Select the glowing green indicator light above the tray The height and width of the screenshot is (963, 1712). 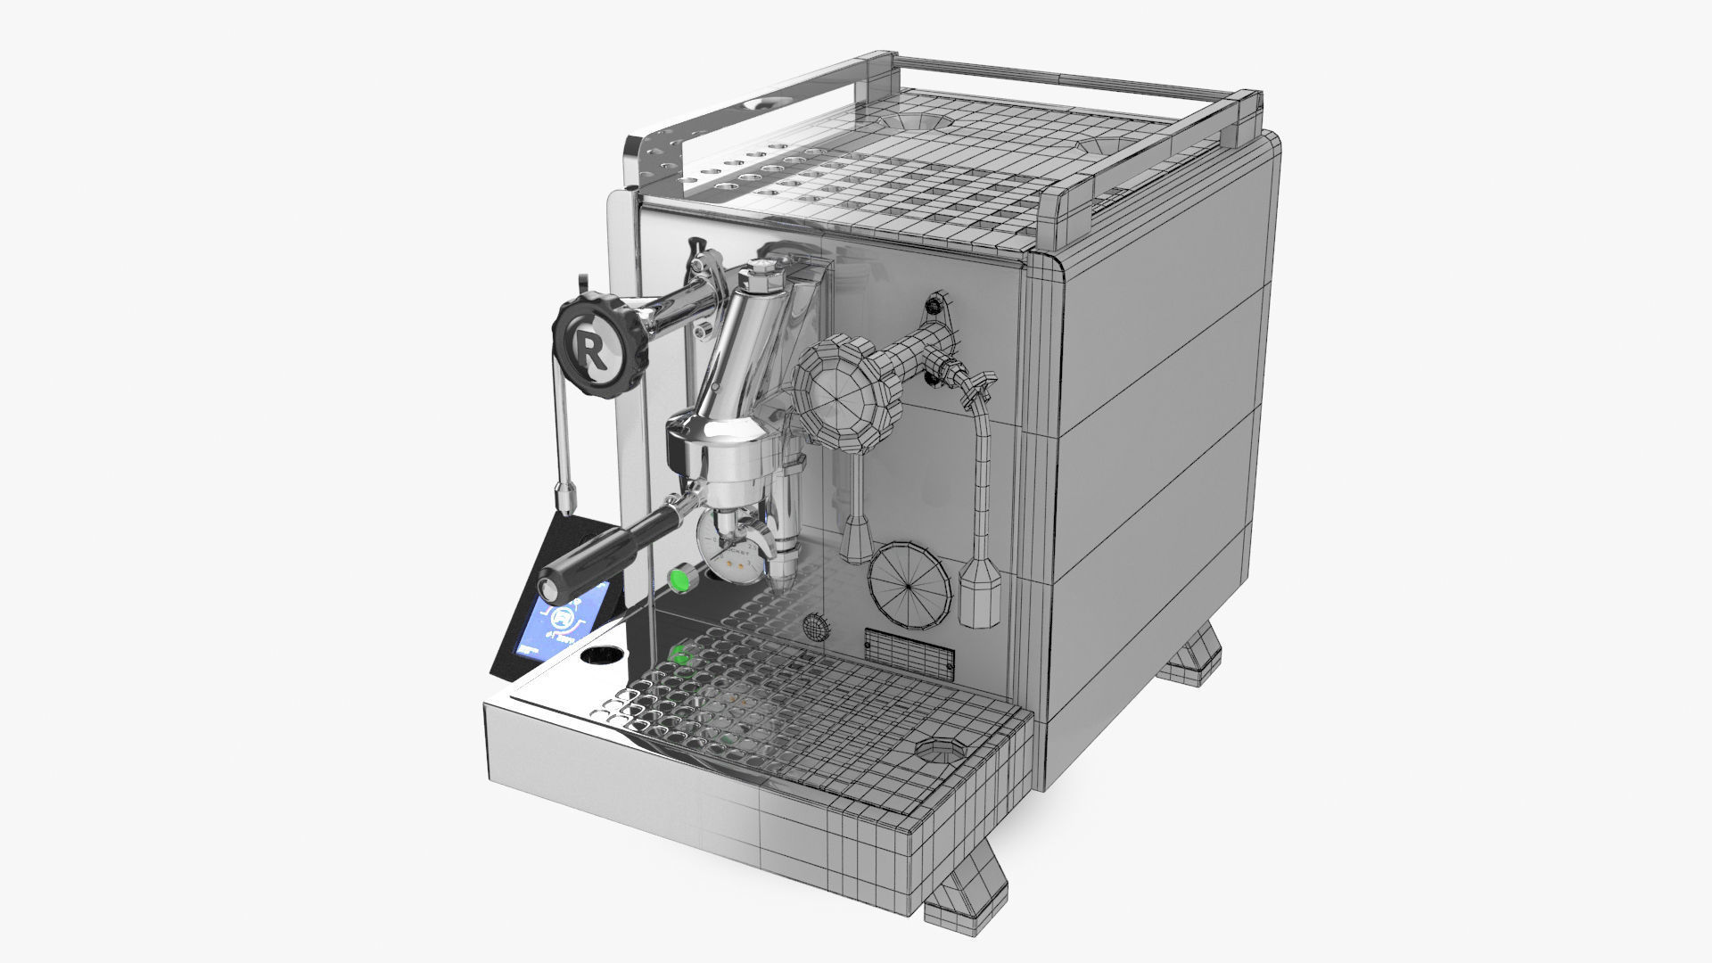click(x=680, y=580)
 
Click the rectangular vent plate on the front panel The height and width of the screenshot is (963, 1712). click(x=909, y=649)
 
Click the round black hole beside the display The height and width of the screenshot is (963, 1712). click(x=603, y=657)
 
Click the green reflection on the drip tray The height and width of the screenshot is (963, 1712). click(x=682, y=654)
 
